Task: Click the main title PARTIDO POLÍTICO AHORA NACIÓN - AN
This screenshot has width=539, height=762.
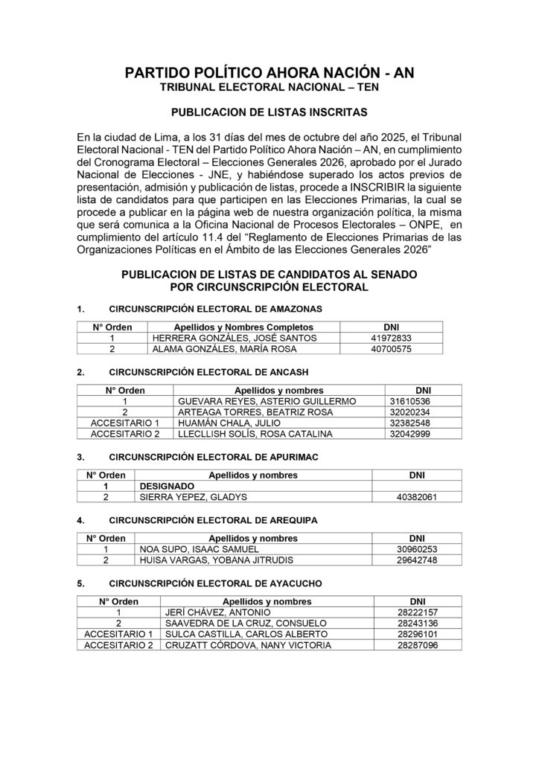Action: (269, 73)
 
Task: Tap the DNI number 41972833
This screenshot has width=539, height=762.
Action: (391, 338)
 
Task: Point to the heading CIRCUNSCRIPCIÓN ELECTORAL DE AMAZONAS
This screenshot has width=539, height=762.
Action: (215, 308)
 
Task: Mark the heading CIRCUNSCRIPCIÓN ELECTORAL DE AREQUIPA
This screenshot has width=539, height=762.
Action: (213, 519)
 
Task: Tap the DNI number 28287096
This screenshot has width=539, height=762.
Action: (418, 645)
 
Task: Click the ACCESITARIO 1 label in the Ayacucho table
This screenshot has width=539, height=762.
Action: (119, 634)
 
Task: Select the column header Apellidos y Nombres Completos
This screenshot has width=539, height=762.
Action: (243, 327)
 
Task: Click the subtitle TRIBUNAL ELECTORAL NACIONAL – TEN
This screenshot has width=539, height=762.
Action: (269, 89)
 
